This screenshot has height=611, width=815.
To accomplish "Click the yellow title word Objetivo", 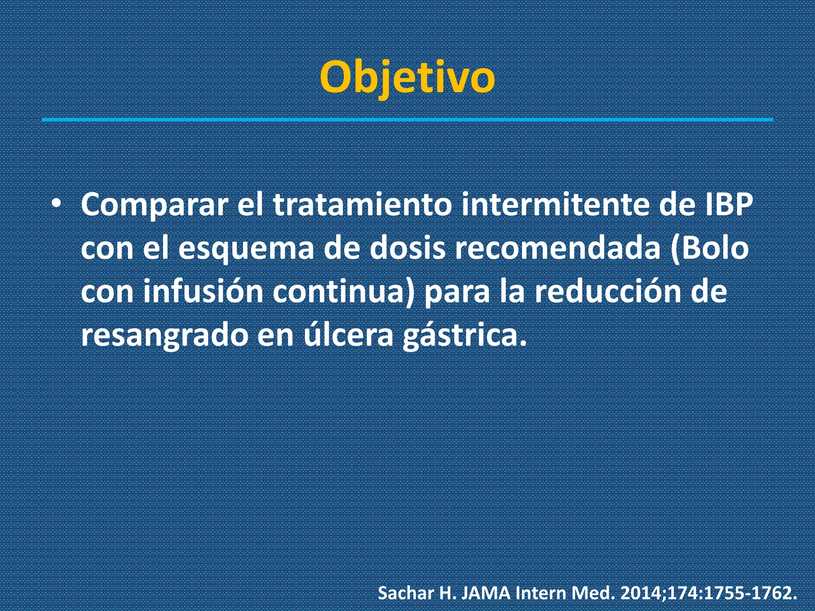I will tap(407, 78).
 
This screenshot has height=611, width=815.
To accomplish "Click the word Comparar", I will tap(155, 205).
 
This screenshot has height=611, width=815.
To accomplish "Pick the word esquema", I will tap(246, 248).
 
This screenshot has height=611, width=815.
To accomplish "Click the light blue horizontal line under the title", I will tap(407, 119).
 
